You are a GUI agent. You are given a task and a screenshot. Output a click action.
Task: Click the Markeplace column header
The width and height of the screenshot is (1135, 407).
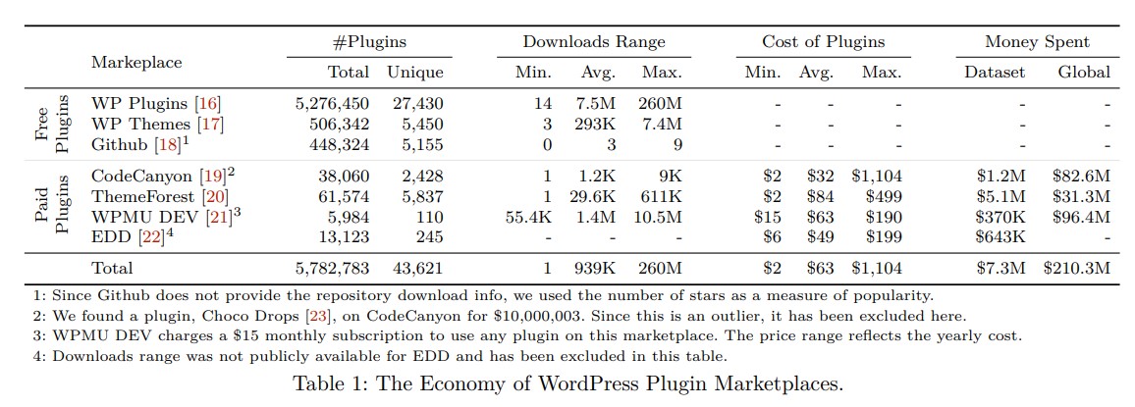point(136,62)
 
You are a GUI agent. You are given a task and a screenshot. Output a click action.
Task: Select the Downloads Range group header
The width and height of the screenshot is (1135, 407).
point(593,42)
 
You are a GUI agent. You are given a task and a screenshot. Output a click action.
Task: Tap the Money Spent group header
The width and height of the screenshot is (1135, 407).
point(1037,42)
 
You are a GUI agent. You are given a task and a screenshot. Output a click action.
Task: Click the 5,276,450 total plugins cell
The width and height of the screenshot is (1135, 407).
point(332,103)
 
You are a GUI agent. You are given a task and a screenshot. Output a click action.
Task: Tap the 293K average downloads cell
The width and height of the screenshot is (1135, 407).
point(597,125)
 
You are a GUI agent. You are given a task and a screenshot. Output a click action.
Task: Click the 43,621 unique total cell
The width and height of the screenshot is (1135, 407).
point(416,268)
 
